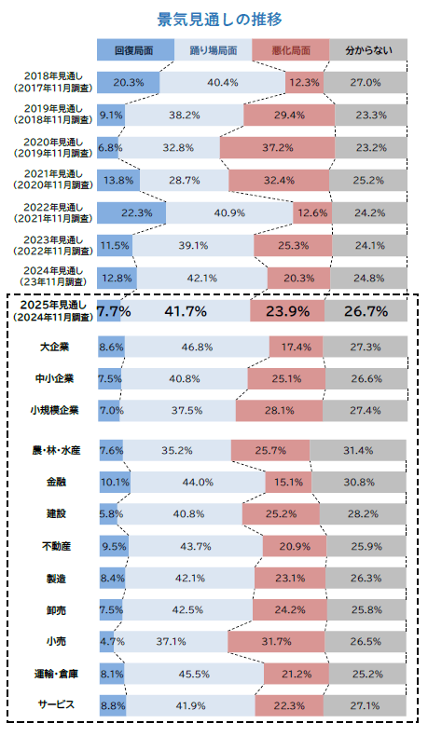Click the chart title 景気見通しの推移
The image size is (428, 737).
tap(220, 20)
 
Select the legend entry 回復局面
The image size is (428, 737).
tap(135, 49)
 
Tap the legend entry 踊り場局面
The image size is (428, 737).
tap(213, 49)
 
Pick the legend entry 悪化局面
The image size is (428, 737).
tap(291, 49)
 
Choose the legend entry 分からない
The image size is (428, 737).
tap(368, 49)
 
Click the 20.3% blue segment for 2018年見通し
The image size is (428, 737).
tap(129, 83)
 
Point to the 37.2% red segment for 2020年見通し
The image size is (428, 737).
tap(278, 147)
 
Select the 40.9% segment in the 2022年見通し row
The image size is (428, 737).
tap(229, 213)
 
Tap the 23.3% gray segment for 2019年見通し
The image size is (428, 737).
tap(371, 116)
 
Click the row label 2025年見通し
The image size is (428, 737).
tap(53, 305)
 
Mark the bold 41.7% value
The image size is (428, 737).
tap(186, 311)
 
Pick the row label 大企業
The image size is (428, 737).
tap(55, 347)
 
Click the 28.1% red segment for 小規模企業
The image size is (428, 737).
tap(280, 410)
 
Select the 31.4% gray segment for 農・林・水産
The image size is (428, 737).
tap(358, 450)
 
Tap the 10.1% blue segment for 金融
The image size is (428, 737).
tap(115, 483)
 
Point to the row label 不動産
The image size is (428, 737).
tap(56, 546)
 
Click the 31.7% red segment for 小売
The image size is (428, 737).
tap(276, 642)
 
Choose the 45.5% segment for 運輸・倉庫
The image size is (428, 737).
tap(194, 674)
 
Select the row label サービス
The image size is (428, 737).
tap(56, 704)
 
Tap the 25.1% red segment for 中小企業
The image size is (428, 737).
tap(286, 379)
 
